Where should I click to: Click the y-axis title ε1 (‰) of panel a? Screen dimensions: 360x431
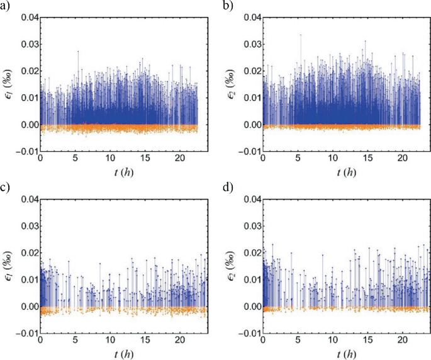(8, 84)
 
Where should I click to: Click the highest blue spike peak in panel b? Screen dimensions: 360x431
(301, 35)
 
